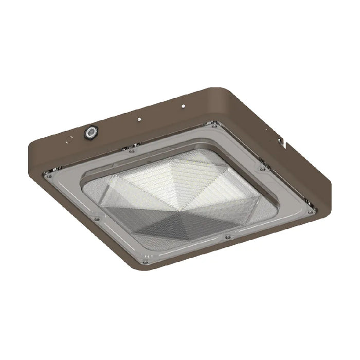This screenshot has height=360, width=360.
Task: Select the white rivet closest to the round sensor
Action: point(139,119)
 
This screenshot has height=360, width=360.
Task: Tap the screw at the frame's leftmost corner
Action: point(49,175)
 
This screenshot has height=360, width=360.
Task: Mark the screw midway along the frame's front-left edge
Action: point(97,219)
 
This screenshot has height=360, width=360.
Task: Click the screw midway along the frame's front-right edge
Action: point(227,237)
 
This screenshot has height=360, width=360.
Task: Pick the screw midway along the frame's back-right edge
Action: point(262,168)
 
